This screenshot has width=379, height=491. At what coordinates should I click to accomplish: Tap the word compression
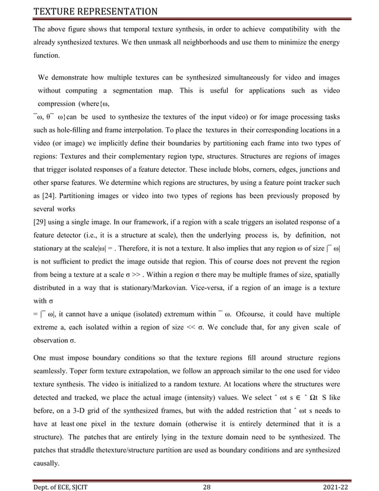click(61, 105)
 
